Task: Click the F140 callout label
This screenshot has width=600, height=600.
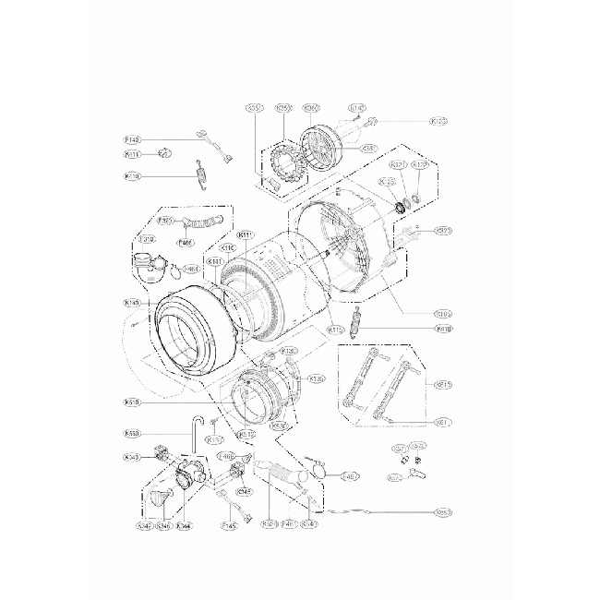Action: pos(132,139)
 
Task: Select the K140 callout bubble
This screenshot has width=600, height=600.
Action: pos(131,302)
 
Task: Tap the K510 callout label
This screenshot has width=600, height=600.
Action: pos(131,402)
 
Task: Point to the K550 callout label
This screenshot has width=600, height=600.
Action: pos(131,434)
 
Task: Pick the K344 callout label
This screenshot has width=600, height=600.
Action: pos(183,525)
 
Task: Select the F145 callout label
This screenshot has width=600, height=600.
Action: pos(230,525)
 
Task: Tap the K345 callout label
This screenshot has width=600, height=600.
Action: pos(244,492)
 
